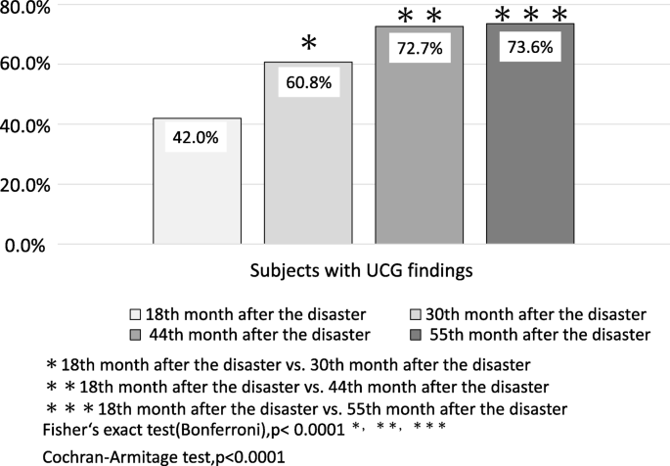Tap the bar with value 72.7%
coord(420,157)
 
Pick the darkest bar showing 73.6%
coord(531,157)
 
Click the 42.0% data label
coord(197,138)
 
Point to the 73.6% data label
coord(531,48)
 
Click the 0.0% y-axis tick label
coord(30,245)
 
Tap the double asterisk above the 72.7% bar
coord(420,16)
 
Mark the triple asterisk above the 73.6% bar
coord(531,15)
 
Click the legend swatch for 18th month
coord(136,315)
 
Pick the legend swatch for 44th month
coord(136,335)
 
